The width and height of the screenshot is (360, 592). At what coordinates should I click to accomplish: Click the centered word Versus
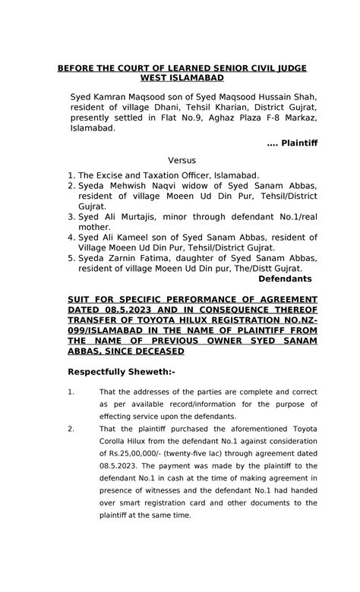(x=182, y=160)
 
